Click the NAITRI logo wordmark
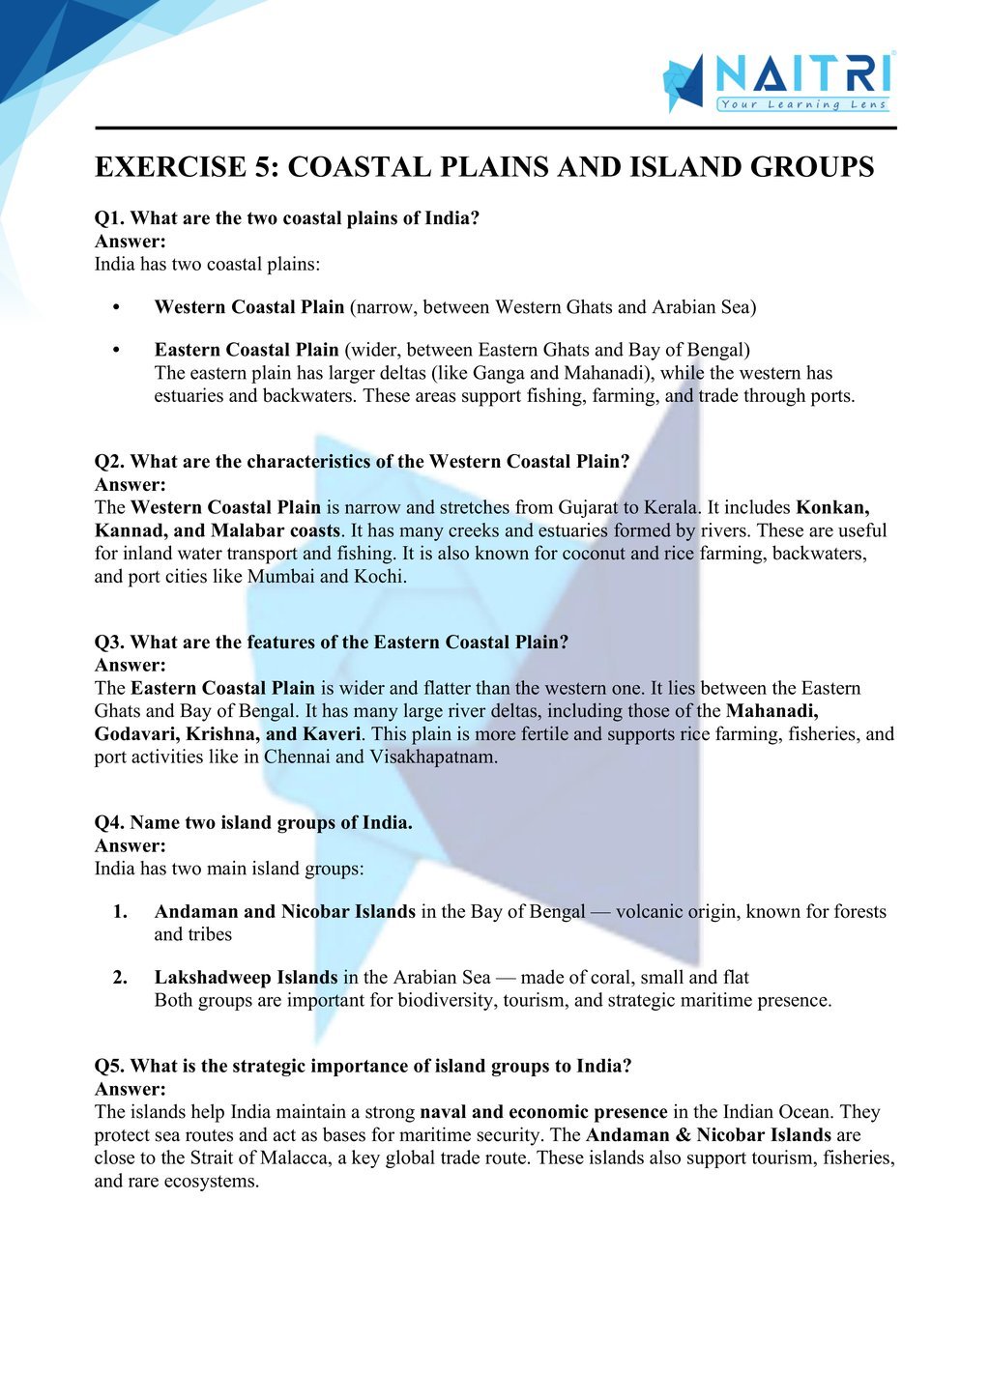(x=801, y=74)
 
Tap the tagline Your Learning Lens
(x=802, y=104)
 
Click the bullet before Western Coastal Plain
(x=116, y=307)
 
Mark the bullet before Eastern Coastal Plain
(x=116, y=350)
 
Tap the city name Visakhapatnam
(x=433, y=757)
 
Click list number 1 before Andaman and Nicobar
(x=120, y=911)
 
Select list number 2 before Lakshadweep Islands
(x=120, y=977)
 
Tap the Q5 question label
(x=109, y=1066)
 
